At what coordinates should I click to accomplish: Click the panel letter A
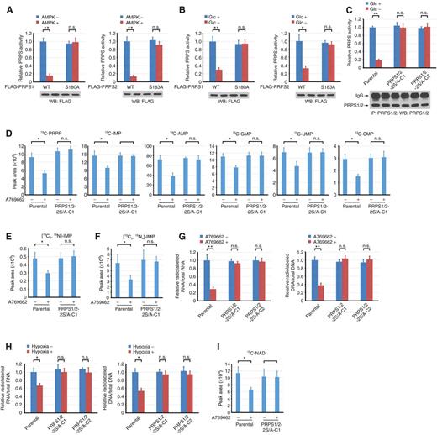point(4,6)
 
